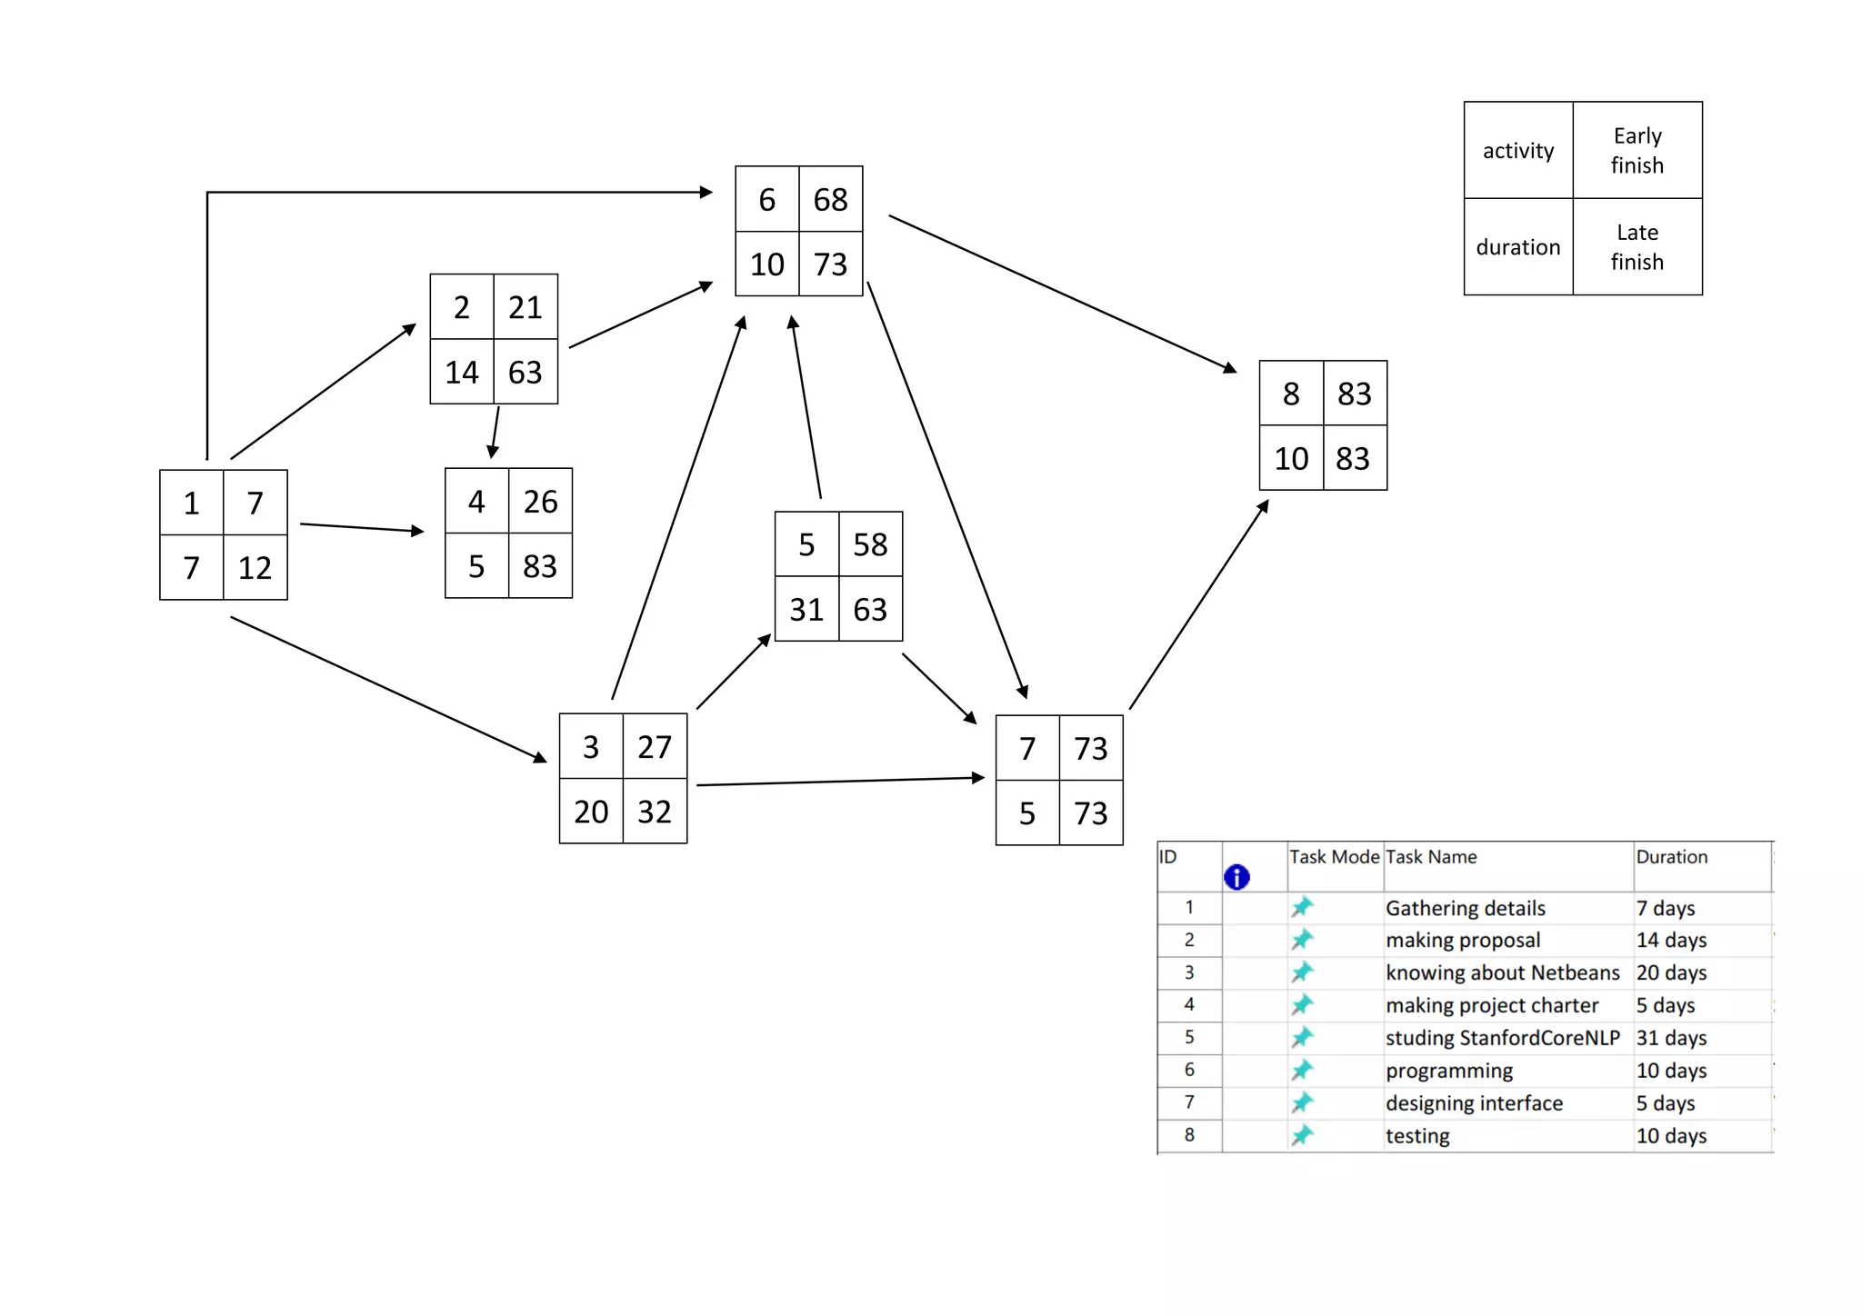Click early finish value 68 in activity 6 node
pyautogui.click(x=830, y=199)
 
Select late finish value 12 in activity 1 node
pyautogui.click(x=255, y=568)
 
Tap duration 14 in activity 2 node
pyautogui.click(x=461, y=372)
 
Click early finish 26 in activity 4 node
pyautogui.click(x=540, y=502)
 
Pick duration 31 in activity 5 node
pyautogui.click(x=806, y=609)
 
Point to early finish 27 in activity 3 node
pyautogui.click(x=655, y=747)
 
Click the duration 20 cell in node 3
pyautogui.click(x=591, y=812)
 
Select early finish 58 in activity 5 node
pyautogui.click(x=870, y=544)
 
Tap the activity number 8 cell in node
pyautogui.click(x=1291, y=394)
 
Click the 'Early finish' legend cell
pyautogui.click(x=1637, y=150)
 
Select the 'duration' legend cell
pyautogui.click(x=1517, y=247)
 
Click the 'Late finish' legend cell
pyautogui.click(x=1637, y=247)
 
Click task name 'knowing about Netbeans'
pyautogui.click(x=1502, y=972)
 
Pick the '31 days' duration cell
pyautogui.click(x=1671, y=1038)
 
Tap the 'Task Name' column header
pyautogui.click(x=1431, y=857)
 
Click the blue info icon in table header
pyautogui.click(x=1236, y=877)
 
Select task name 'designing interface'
pyautogui.click(x=1474, y=1103)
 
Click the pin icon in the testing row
pyautogui.click(x=1302, y=1135)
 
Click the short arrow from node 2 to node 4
pyautogui.click(x=496, y=433)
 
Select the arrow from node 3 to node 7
pyautogui.click(x=841, y=781)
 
